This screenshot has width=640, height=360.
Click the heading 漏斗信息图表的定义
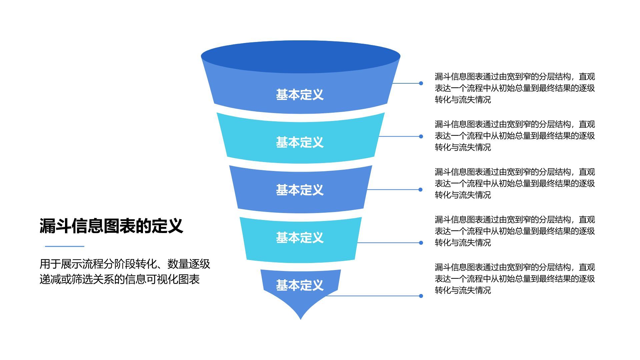pyautogui.click(x=111, y=226)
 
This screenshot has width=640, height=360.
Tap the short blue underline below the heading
pyautogui.click(x=64, y=246)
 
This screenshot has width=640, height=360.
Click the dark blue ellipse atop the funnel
pyautogui.click(x=300, y=56)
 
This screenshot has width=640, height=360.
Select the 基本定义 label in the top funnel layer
pyautogui.click(x=300, y=95)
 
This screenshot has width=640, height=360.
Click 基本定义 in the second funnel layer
pyautogui.click(x=300, y=142)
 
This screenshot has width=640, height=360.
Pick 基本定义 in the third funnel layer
pyautogui.click(x=300, y=190)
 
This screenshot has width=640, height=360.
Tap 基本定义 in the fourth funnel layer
pyautogui.click(x=300, y=238)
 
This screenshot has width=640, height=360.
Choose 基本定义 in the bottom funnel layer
pyautogui.click(x=300, y=285)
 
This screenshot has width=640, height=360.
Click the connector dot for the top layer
pyautogui.click(x=421, y=83)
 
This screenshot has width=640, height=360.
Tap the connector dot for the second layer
pyautogui.click(x=421, y=136)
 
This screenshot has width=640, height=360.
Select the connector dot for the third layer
pyautogui.click(x=421, y=190)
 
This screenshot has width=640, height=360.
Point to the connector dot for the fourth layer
pyautogui.click(x=421, y=243)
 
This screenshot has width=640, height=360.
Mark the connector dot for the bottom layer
pyautogui.click(x=421, y=296)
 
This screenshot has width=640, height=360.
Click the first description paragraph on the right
pyautogui.click(x=515, y=88)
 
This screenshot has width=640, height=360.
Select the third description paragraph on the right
pyautogui.click(x=515, y=183)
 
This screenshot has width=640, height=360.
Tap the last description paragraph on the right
pyautogui.click(x=515, y=279)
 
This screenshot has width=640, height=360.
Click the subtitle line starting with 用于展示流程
pyautogui.click(x=125, y=264)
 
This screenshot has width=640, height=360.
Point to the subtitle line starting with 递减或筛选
pyautogui.click(x=119, y=279)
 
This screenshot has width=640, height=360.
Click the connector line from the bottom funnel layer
pyautogui.click(x=373, y=296)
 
